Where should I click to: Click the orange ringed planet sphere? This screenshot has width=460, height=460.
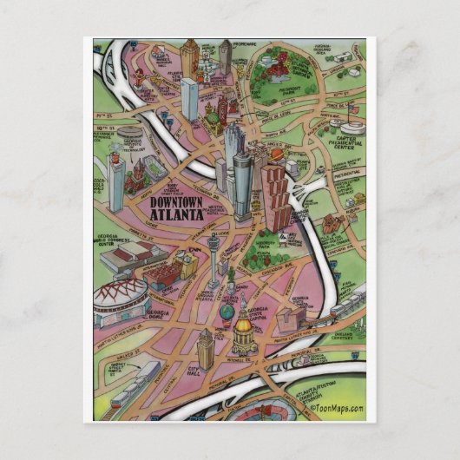(276, 155)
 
